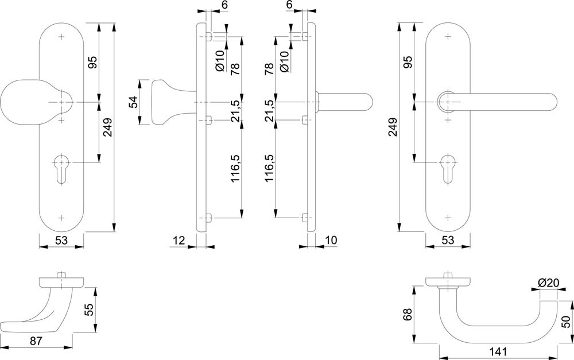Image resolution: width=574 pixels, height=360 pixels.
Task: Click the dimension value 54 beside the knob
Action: click(133, 102)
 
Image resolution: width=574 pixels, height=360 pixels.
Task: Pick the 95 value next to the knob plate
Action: click(92, 62)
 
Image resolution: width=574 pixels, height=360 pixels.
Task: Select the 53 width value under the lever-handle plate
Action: click(448, 240)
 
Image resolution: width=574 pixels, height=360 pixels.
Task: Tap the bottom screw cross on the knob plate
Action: click(62, 218)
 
